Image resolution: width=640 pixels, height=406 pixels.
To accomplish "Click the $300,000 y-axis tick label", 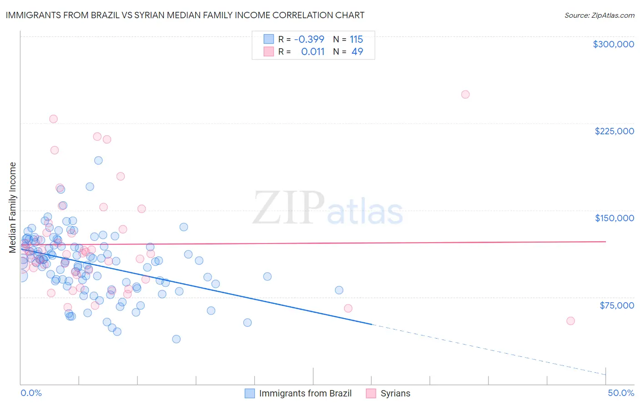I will point(613,44).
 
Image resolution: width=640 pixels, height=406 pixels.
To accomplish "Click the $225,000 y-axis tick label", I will point(614,131).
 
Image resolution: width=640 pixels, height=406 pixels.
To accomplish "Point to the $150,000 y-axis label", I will point(614,218).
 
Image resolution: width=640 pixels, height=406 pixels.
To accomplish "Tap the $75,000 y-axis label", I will point(616,305).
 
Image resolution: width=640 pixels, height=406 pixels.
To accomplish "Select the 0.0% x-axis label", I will point(31,393).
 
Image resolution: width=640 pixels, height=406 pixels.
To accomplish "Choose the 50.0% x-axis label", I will point(621,393).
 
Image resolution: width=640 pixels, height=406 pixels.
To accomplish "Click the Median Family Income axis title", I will point(13,208).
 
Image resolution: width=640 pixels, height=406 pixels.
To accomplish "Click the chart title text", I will point(185,15).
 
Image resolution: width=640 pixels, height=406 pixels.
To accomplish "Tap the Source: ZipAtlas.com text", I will point(599,15).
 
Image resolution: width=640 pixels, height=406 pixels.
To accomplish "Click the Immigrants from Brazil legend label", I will point(305,393).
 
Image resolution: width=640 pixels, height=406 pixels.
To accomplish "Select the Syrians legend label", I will point(395,393).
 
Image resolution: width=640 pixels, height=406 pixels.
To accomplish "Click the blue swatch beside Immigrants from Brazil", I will point(249,393).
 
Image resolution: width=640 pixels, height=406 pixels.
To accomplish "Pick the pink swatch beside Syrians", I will point(371,393).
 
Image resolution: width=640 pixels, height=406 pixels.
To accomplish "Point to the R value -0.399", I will point(309,39).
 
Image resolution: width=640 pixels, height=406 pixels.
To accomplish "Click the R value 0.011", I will point(313,51).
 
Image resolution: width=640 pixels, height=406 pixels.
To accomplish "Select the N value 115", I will point(356,39).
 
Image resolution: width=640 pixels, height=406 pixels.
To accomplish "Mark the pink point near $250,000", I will point(465,95).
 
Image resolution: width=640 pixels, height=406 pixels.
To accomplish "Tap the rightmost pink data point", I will point(570,321).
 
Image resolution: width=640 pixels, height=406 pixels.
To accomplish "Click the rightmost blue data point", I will point(339,290).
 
